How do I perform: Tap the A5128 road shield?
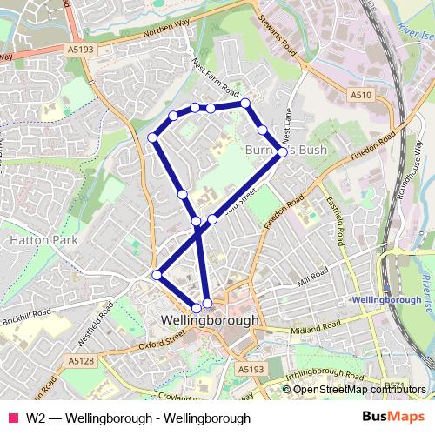pos(81,360)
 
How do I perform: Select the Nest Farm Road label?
pos(215,79)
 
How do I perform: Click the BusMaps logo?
pos(387,417)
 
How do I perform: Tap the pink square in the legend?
pos(13,418)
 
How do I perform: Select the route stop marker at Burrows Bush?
pos(283,152)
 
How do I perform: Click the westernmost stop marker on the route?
pos(152,137)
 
